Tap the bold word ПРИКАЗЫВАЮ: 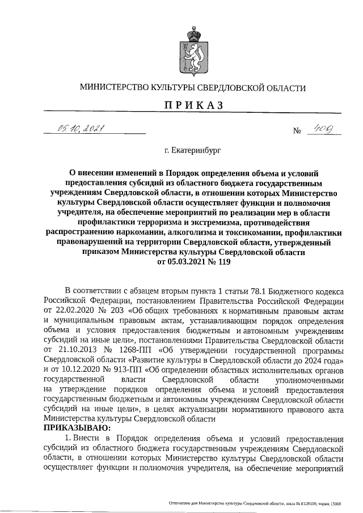(x=78, y=428)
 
